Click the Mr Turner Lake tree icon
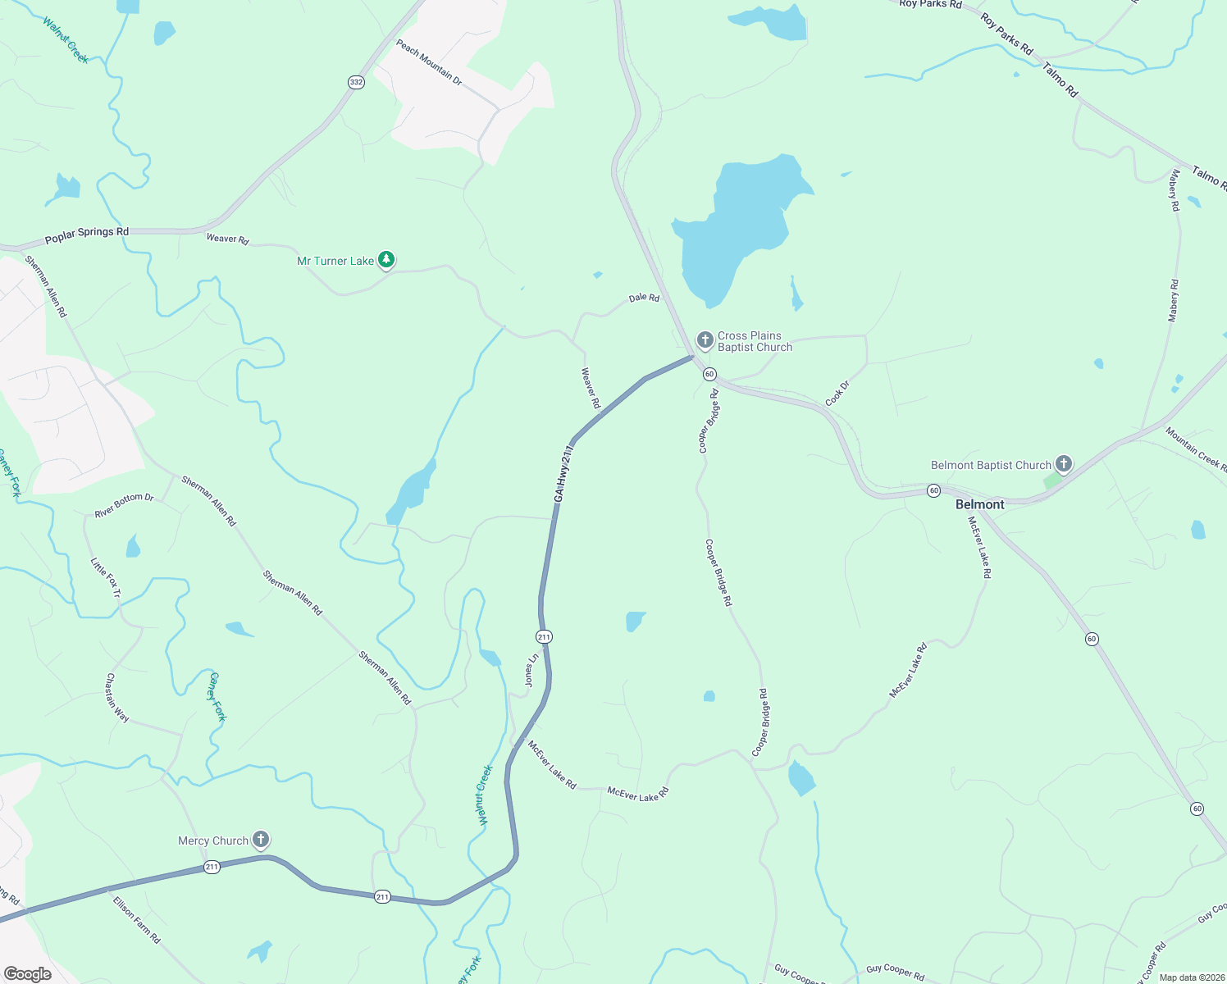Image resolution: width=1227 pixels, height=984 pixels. [x=386, y=260]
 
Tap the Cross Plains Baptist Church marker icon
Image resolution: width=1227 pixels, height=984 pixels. [x=705, y=339]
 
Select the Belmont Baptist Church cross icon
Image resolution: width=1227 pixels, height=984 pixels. [x=1063, y=464]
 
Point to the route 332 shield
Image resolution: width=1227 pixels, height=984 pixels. [x=355, y=82]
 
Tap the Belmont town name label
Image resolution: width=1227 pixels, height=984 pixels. [x=979, y=504]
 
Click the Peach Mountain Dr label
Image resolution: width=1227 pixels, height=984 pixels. [x=429, y=62]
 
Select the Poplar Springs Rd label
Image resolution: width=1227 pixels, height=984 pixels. [x=86, y=235]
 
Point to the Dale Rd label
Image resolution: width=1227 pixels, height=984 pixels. [x=644, y=298]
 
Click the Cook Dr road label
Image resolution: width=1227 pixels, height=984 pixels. [x=837, y=394]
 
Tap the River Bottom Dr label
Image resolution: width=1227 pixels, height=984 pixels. [x=124, y=505]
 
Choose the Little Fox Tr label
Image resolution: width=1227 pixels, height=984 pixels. [x=106, y=577]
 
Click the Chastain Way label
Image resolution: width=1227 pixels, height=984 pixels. [x=117, y=698]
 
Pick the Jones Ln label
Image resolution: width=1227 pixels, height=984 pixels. [x=531, y=670]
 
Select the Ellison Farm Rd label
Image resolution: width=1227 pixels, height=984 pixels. [x=136, y=920]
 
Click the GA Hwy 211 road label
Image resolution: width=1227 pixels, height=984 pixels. [x=563, y=474]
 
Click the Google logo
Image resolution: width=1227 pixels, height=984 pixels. [x=28, y=973]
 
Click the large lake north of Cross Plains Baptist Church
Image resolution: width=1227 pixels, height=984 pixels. [x=738, y=225]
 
